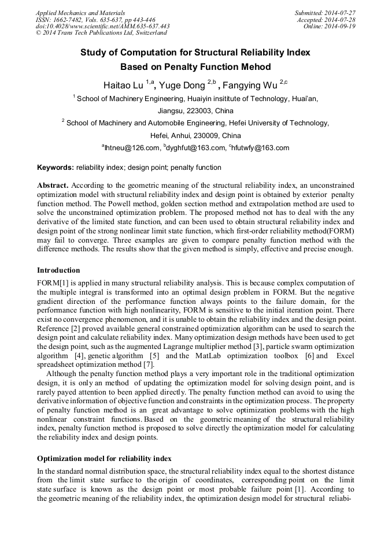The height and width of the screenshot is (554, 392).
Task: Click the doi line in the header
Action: pyautogui.click(x=102, y=26)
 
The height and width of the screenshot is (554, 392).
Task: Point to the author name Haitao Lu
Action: pyautogui.click(x=123, y=85)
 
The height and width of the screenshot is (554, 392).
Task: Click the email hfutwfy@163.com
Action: pyautogui.click(x=260, y=148)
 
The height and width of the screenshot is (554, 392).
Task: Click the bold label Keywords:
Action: pyautogui.click(x=56, y=168)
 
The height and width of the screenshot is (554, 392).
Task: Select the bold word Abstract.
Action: pyautogui.click(x=53, y=185)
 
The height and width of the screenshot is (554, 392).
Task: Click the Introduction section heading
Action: pyautogui.click(x=58, y=270)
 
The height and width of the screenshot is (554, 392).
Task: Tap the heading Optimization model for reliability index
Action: pyautogui.click(x=104, y=459)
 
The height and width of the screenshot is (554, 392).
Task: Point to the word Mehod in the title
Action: pyautogui.click(x=255, y=67)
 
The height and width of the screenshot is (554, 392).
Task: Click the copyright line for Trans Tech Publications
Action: pyautogui.click(x=101, y=33)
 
